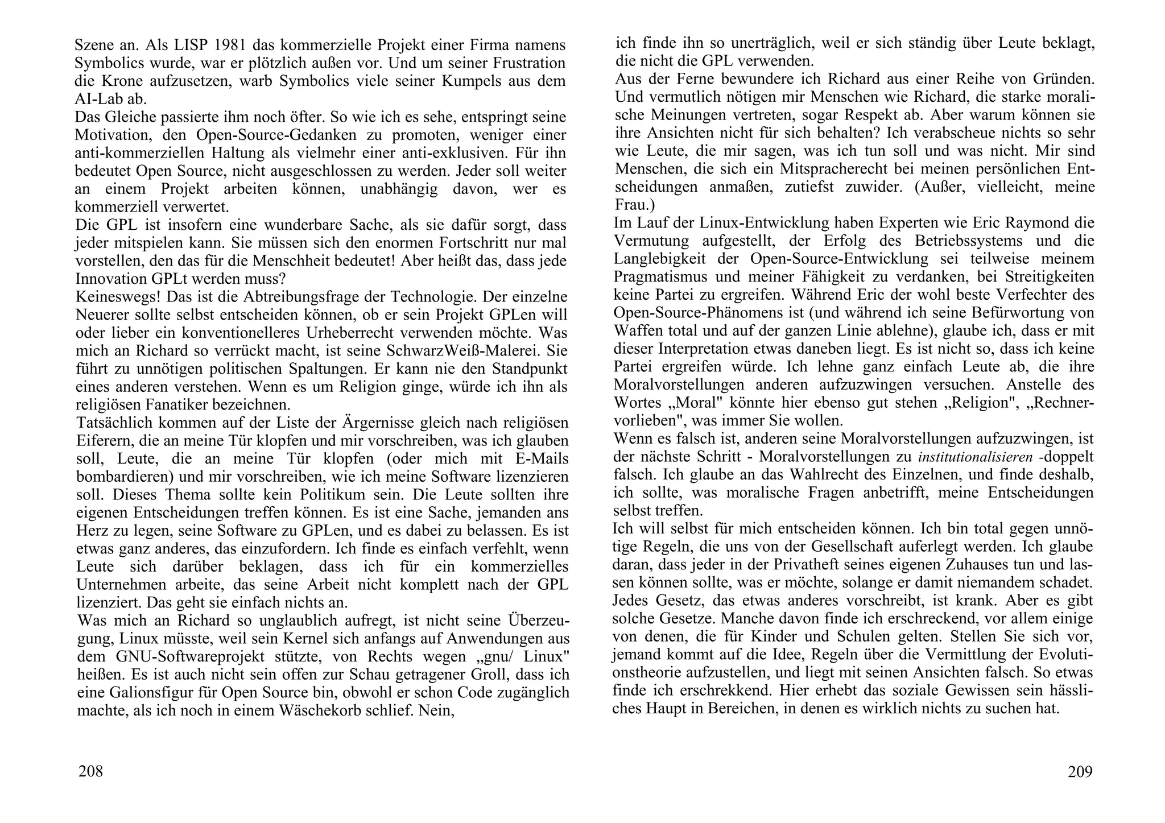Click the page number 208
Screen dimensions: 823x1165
tap(90, 772)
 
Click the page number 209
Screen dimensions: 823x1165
tap(1080, 772)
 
